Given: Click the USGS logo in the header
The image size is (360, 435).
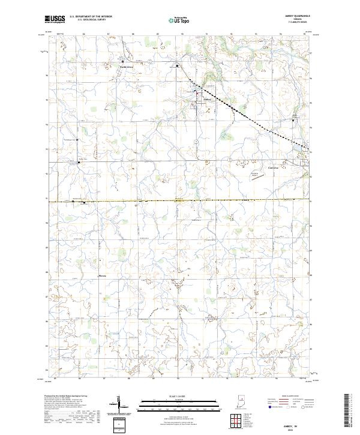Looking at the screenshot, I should point(55,19).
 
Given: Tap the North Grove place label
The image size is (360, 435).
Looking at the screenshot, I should point(125,67).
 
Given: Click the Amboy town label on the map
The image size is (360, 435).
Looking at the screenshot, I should point(208,98).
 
